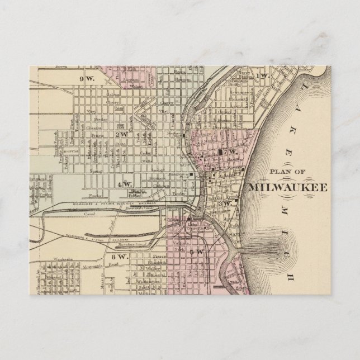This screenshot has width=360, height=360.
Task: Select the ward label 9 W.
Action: click(87, 78)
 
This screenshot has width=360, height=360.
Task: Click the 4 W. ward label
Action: click(124, 183)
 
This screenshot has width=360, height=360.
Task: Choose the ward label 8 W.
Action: click(119, 258)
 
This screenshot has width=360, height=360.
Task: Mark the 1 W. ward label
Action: click(263, 75)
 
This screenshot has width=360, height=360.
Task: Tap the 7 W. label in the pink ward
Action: click(231, 151)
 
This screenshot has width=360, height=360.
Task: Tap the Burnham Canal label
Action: click(132, 245)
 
